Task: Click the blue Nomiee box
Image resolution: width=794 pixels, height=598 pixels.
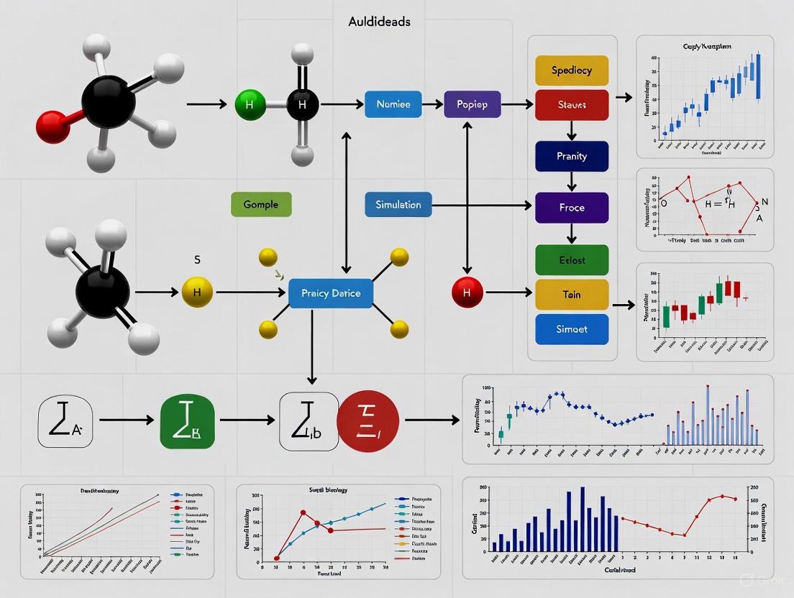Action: [x=393, y=104]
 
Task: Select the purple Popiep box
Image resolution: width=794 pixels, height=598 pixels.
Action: [x=472, y=104]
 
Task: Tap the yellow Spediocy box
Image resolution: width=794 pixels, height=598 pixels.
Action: [x=572, y=70]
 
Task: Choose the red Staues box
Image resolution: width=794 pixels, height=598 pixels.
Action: [x=572, y=105]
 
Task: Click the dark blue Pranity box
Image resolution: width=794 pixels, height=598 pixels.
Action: [x=572, y=156]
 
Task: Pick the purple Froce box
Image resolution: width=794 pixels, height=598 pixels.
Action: [x=572, y=208]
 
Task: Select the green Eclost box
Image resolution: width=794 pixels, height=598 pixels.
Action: [x=572, y=259]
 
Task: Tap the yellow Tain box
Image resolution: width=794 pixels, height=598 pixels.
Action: [x=572, y=294]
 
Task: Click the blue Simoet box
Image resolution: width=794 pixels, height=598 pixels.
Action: [x=572, y=329]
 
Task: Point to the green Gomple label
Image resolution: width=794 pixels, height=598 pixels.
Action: [x=260, y=204]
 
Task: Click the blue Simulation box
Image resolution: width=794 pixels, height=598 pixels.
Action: [x=398, y=205]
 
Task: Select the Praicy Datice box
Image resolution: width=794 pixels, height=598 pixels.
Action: [x=331, y=293]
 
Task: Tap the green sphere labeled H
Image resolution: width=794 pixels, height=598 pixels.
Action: [x=250, y=105]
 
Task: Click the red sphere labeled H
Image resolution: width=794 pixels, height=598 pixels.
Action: [x=467, y=293]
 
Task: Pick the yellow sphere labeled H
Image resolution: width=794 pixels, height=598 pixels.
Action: [x=198, y=293]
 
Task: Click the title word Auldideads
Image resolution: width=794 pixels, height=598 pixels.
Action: [x=379, y=22]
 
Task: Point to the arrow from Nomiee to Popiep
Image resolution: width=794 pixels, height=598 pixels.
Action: [x=432, y=105]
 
